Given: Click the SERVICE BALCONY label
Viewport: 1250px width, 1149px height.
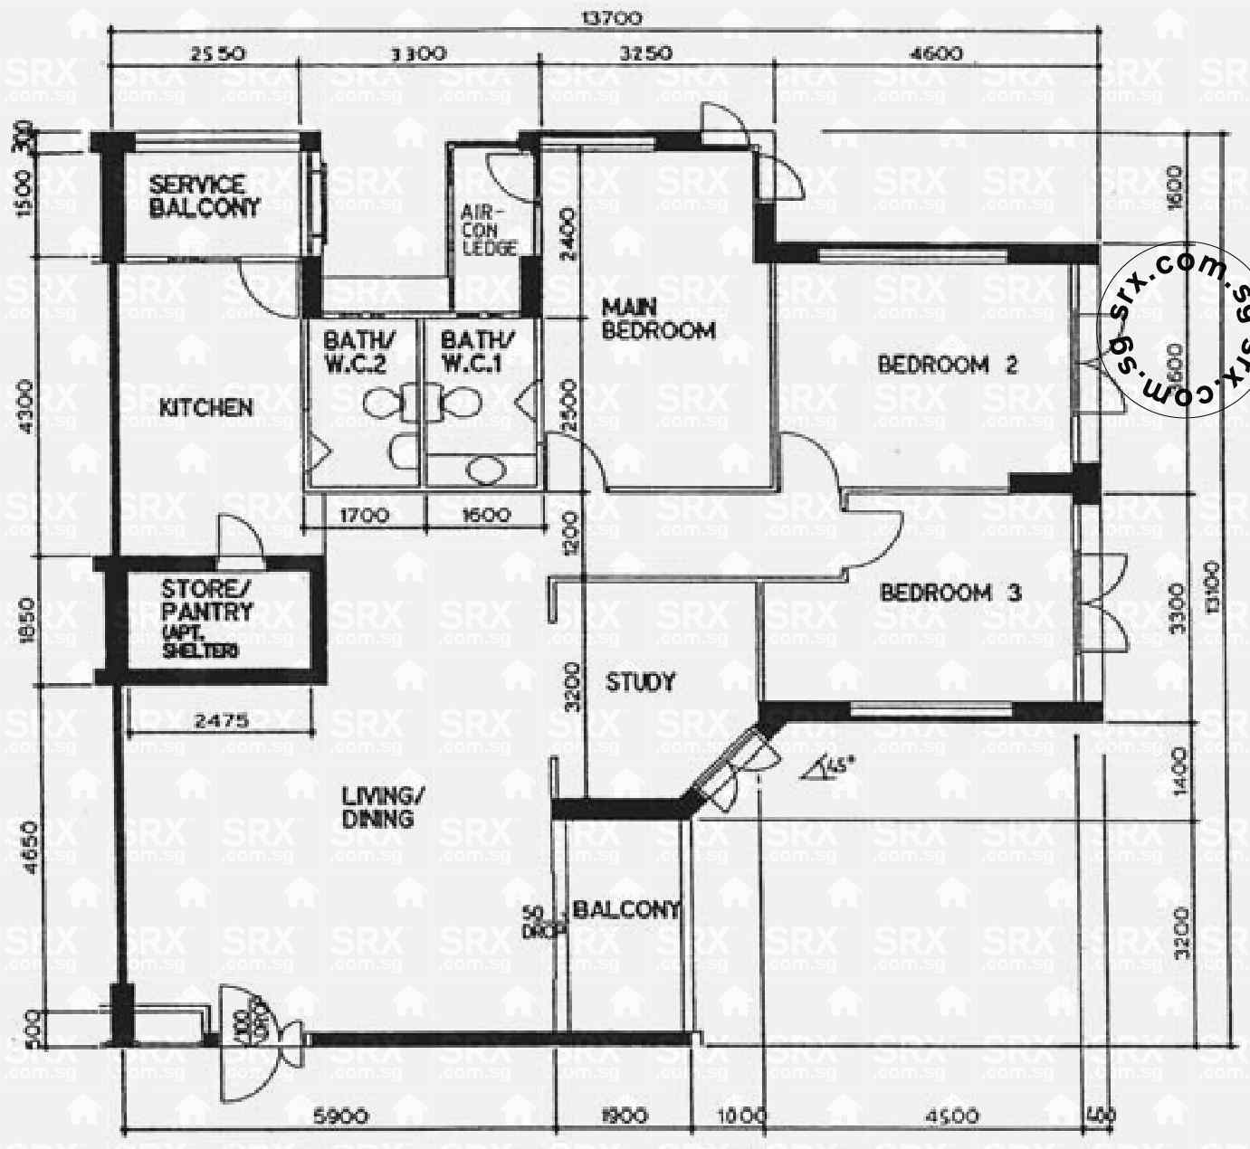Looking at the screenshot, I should coord(204,196).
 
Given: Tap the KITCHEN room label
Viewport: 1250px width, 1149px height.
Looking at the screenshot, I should coord(205,408).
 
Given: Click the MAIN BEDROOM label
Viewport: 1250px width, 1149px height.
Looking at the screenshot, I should coord(658,318).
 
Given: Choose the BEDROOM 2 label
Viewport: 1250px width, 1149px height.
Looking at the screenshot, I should coord(948,365).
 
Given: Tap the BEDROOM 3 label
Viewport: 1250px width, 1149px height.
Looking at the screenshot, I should coord(950,593).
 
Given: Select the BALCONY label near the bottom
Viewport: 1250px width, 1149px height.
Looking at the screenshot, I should coord(626,910).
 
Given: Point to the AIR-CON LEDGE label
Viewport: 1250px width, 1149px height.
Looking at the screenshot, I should coord(489,230).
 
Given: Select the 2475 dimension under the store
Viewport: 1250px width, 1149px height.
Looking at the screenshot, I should coord(221,722).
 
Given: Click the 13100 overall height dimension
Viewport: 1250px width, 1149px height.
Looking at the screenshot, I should coord(1213,588).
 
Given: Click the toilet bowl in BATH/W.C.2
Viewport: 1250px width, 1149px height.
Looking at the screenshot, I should coord(385,403).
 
